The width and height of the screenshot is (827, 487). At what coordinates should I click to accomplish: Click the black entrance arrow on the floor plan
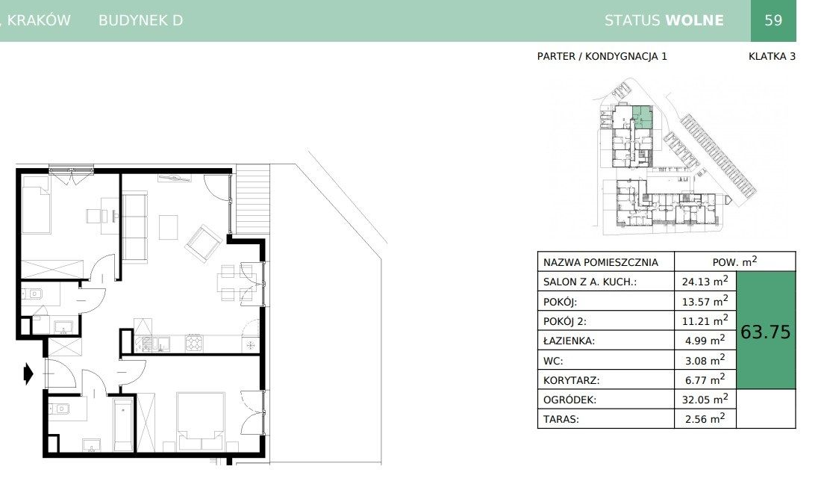tap(28, 374)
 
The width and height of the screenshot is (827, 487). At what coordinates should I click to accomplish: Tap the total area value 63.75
tap(765, 332)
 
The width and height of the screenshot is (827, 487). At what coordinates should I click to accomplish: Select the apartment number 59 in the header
tap(773, 20)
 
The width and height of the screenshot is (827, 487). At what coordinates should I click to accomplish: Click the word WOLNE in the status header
tap(695, 20)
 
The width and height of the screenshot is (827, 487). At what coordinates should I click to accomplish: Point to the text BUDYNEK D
tap(141, 20)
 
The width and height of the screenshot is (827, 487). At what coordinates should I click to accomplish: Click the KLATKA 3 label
tap(772, 57)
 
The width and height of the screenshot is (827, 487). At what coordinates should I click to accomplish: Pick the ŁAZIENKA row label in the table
tap(569, 341)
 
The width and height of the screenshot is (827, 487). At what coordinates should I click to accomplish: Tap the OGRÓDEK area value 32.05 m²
tap(705, 399)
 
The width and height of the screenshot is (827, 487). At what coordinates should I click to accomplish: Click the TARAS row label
tap(561, 420)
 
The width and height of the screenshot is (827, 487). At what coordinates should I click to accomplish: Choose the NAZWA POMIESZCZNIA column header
tap(601, 262)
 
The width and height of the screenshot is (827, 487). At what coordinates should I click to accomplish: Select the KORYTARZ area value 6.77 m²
tap(705, 379)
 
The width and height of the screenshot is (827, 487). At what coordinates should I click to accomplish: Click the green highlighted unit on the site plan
tap(643, 117)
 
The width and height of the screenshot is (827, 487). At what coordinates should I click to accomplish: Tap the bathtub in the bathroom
tap(123, 425)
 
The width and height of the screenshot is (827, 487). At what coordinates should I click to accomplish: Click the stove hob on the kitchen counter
tap(193, 343)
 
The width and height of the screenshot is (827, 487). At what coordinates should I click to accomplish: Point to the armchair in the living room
tap(203, 243)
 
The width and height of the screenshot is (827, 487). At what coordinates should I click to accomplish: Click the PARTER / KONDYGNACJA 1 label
tap(602, 57)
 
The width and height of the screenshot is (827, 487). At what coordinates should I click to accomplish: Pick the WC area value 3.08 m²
tap(705, 360)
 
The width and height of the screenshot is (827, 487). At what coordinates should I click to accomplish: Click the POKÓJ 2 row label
tap(565, 320)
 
